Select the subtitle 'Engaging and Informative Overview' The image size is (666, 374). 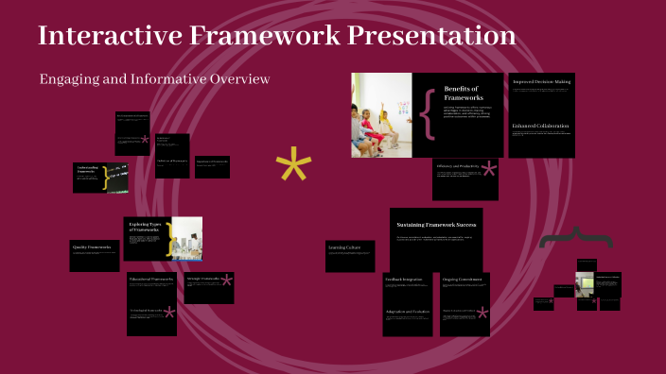coord(155,78)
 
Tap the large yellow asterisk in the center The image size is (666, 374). coord(293,167)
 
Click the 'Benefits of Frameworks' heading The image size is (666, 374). coord(464,93)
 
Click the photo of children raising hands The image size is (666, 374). coord(381,115)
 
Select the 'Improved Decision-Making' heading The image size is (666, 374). coord(541,82)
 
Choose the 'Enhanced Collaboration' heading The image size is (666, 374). coord(541,126)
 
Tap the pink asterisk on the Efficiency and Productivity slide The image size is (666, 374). coord(488,170)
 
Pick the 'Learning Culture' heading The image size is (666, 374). coord(343,247)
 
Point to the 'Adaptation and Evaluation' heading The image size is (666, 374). coord(408,311)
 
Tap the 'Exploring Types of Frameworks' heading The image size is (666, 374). coord(146,228)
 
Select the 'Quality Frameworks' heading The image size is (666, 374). coord(92,247)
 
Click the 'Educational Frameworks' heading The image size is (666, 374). coord(150,280)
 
